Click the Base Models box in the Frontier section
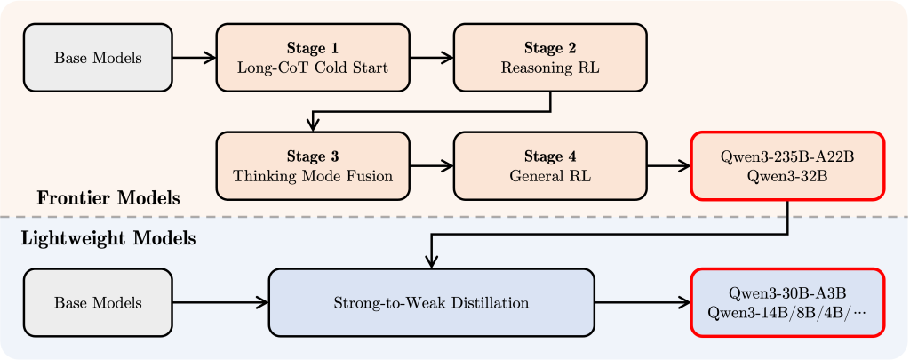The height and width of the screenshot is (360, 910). point(98,58)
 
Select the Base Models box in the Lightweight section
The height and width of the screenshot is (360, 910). point(98,303)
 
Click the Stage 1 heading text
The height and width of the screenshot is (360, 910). point(312,48)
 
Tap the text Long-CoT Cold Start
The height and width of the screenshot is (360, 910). point(312,68)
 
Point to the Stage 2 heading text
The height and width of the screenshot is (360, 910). point(550,48)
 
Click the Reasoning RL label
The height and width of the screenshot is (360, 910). point(550,68)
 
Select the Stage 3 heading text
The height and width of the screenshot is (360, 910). point(312,156)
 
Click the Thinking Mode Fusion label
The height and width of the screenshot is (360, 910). point(312,176)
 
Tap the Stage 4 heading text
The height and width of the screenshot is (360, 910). point(550,156)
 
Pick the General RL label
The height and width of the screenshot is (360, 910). point(550,176)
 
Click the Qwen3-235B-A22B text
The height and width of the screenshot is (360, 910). point(788,156)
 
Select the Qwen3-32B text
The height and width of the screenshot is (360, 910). point(788,176)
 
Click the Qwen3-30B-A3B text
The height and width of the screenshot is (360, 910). point(788,293)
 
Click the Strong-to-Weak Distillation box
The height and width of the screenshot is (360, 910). point(431,303)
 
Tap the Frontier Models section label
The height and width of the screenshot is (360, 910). point(108,198)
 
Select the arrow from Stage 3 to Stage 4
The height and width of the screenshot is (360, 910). point(431,166)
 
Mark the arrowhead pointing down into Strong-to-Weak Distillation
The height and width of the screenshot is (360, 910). point(431,261)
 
